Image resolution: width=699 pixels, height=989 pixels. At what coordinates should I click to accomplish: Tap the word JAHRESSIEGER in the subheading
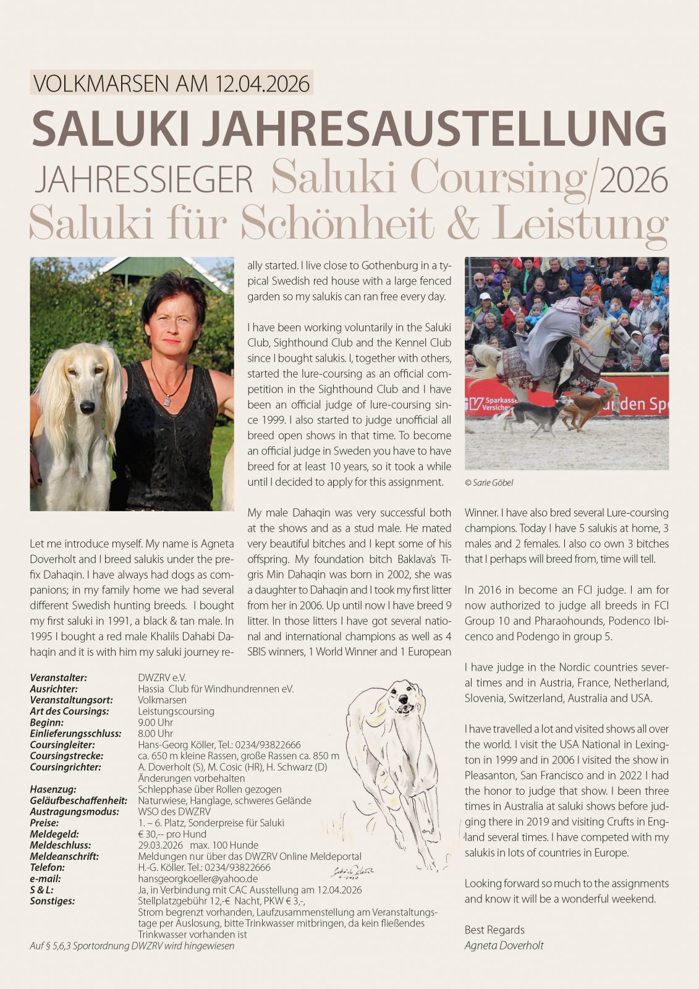coord(144,180)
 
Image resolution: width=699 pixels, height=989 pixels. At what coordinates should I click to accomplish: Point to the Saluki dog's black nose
coord(87,406)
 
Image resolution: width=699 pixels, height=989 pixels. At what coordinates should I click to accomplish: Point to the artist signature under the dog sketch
coord(353,872)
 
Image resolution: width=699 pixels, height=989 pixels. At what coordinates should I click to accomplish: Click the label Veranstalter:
coord(58,678)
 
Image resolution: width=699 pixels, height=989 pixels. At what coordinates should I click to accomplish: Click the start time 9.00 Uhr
coord(155,723)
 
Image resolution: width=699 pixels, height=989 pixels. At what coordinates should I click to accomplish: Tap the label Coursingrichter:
coord(65,767)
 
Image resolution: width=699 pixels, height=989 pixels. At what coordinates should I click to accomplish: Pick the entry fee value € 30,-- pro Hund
coord(172,834)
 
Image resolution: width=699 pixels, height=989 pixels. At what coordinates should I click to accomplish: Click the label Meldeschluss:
coord(60,845)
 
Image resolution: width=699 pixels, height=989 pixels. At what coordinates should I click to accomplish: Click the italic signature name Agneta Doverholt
coord(504,945)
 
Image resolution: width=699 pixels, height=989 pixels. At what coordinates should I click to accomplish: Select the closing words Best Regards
coord(494,930)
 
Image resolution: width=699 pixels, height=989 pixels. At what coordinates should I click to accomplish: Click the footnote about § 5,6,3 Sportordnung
coord(132,946)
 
